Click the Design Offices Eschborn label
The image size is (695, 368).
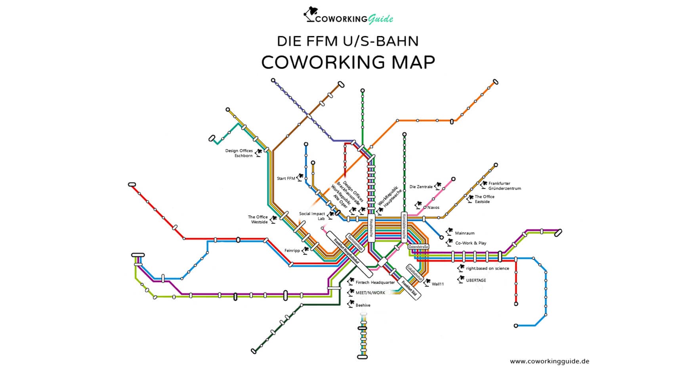(x=239, y=153)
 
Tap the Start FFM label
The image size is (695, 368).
(x=286, y=178)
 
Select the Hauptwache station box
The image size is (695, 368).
(x=371, y=228)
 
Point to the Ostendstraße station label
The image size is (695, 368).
(x=418, y=247)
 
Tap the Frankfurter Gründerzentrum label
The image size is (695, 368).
(x=504, y=186)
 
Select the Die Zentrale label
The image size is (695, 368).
(x=421, y=187)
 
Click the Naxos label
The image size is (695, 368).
(x=433, y=207)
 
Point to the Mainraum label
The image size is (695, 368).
(x=464, y=233)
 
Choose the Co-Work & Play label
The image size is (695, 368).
(x=470, y=243)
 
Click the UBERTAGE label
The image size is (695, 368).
(x=476, y=280)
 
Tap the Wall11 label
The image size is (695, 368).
(x=437, y=284)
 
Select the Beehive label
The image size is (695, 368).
(x=363, y=305)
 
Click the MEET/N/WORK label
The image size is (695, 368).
(x=370, y=293)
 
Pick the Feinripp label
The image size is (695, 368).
(x=292, y=251)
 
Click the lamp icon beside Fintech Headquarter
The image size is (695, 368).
(x=350, y=282)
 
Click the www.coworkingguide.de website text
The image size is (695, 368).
(x=549, y=361)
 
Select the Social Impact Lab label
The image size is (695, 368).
(x=312, y=216)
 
